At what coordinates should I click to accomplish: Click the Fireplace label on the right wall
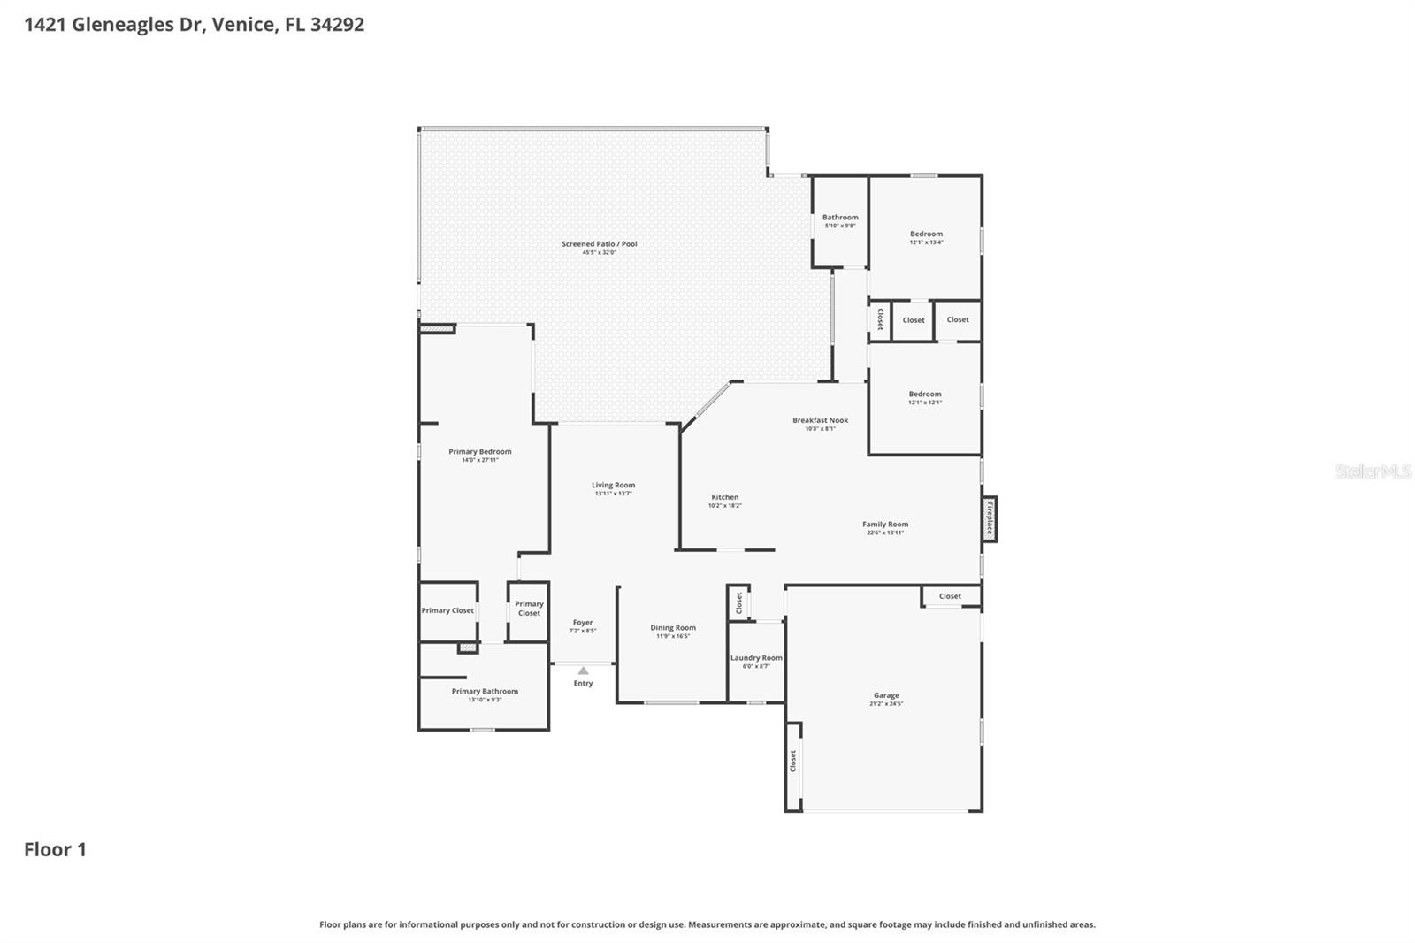click(x=990, y=518)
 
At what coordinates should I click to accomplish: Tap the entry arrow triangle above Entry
click(x=583, y=671)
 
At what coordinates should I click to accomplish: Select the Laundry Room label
click(x=756, y=657)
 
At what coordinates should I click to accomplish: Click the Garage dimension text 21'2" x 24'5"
click(x=886, y=704)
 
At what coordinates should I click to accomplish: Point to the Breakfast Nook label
click(x=820, y=420)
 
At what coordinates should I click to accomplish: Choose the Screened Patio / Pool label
click(x=599, y=244)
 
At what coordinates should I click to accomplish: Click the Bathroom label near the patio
click(x=840, y=217)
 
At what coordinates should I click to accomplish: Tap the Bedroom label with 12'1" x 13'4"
click(x=926, y=234)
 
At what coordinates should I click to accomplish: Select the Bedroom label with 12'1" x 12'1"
click(x=925, y=394)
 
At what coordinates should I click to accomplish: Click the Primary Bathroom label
click(x=485, y=691)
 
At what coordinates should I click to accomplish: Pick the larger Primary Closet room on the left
click(x=447, y=610)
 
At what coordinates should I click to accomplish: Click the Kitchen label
click(x=724, y=497)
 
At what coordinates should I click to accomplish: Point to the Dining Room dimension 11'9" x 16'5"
click(x=673, y=636)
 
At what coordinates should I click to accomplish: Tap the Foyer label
click(x=583, y=622)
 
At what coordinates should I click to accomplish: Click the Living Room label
click(x=613, y=485)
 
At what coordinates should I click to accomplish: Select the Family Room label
click(x=885, y=524)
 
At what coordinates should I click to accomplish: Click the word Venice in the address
click(x=243, y=24)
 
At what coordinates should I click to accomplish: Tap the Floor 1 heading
click(x=55, y=849)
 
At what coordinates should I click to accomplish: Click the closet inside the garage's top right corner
click(x=951, y=596)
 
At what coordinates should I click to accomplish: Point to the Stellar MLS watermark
click(x=1373, y=471)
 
